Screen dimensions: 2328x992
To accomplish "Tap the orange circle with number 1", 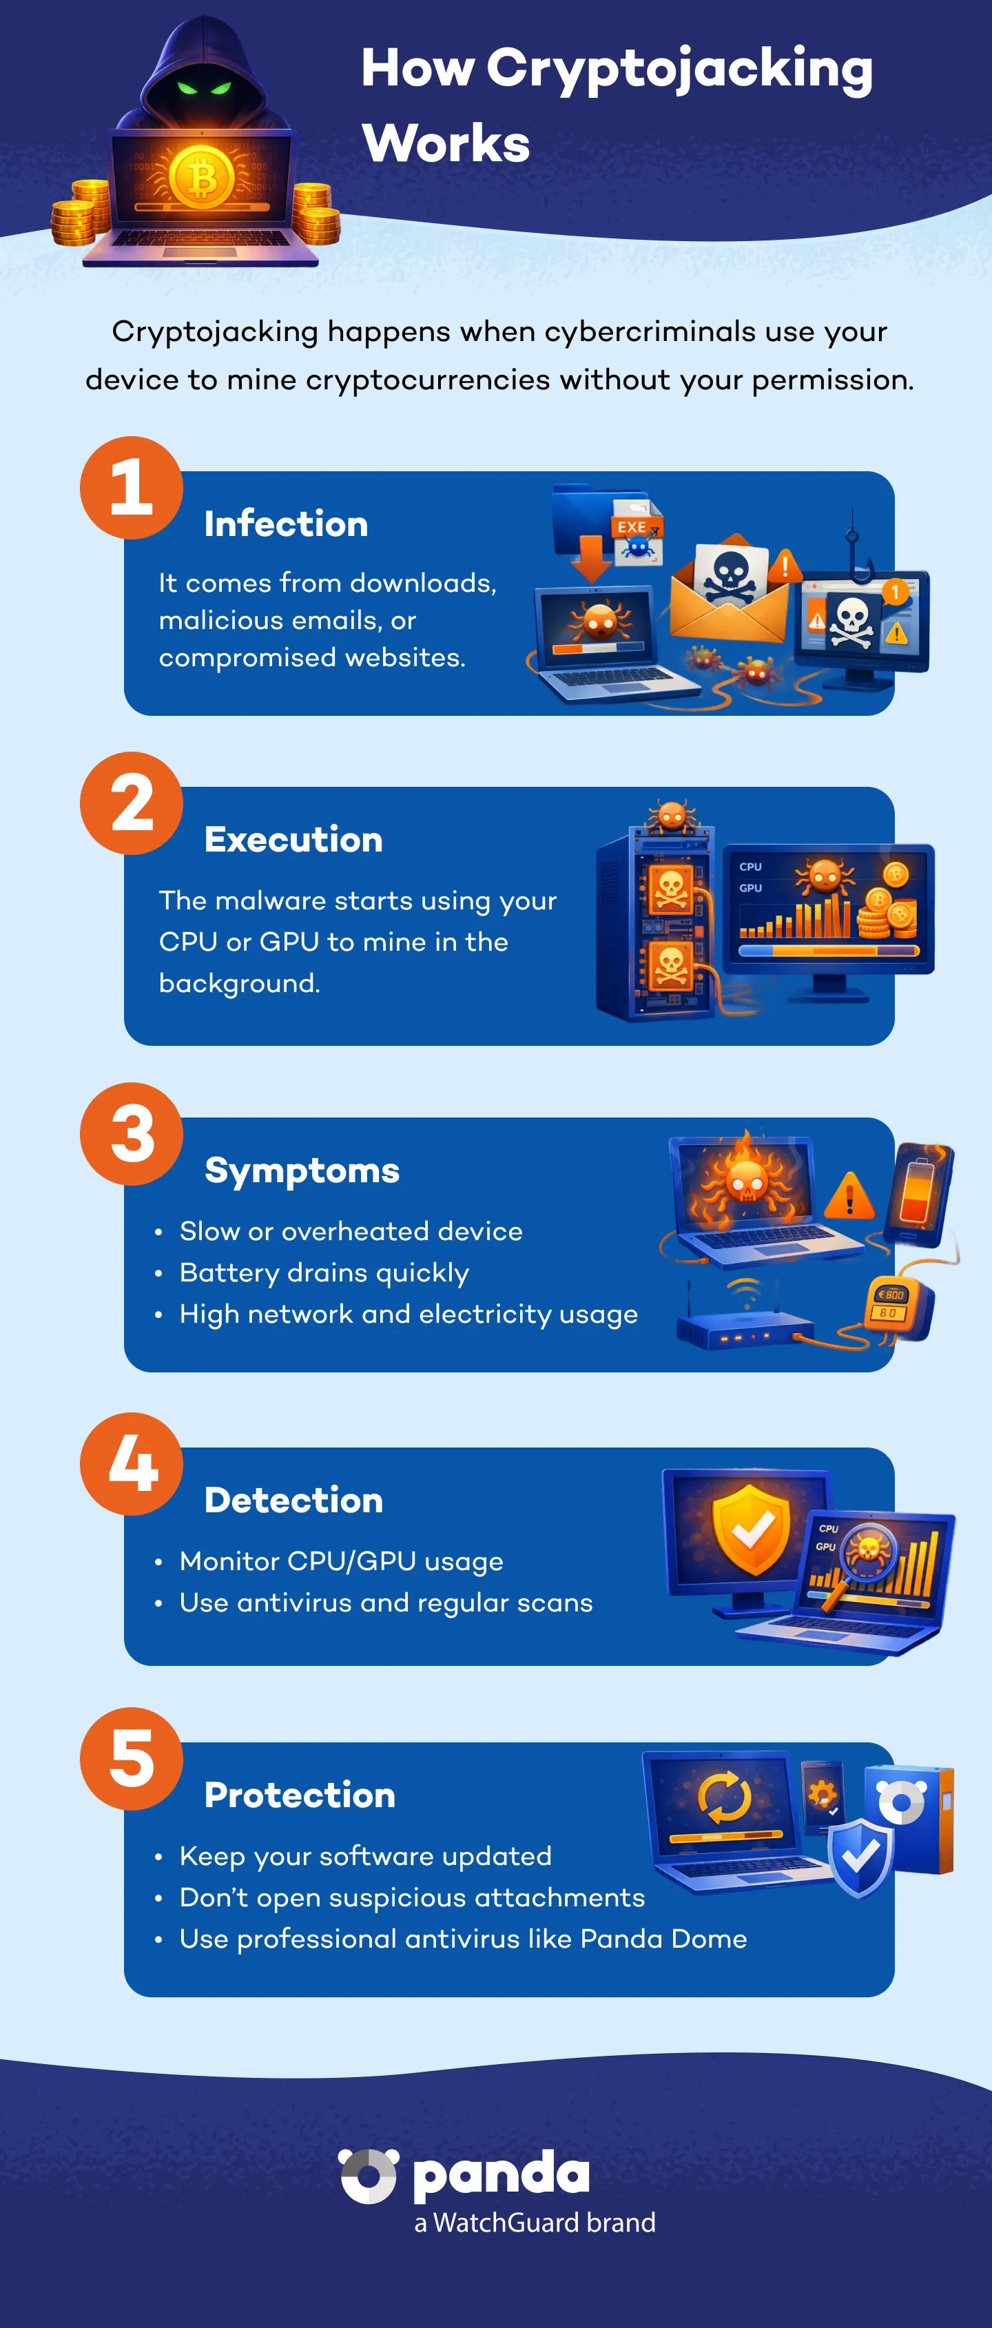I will (x=132, y=488).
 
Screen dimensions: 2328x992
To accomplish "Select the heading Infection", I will (x=285, y=524).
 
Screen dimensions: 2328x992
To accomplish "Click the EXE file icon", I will (x=637, y=533).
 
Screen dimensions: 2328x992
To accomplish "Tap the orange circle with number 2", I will (x=132, y=803).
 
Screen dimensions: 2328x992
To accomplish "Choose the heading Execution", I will (x=293, y=840).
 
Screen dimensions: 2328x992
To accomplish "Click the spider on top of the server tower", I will (x=671, y=815).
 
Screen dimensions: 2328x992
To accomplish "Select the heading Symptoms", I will (x=302, y=1171).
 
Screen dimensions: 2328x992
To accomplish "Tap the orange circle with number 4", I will (x=132, y=1464).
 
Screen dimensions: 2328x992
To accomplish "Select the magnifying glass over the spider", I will (x=865, y=1556).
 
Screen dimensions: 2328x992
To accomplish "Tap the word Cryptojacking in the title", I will (x=679, y=70).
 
